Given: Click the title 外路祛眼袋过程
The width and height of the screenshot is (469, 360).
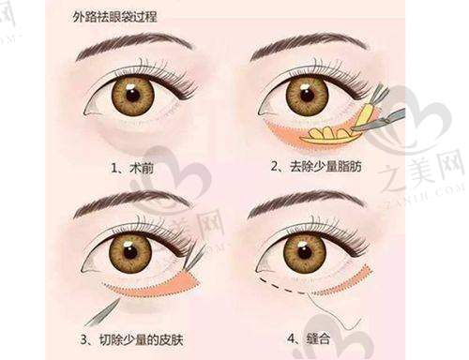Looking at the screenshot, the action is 114,17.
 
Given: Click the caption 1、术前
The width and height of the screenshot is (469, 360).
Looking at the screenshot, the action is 132,169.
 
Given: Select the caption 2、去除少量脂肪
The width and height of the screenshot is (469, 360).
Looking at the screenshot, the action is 316,166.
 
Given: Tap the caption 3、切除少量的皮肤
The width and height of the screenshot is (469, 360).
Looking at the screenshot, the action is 131,339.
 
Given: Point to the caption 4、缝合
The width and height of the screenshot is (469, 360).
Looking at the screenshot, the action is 309,338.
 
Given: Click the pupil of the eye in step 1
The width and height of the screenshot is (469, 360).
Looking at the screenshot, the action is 133,95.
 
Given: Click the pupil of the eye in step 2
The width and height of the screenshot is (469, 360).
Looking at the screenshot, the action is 307,95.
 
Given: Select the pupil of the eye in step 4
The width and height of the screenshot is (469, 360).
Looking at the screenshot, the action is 305,252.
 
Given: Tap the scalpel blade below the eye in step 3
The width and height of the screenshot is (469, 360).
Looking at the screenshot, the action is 101,312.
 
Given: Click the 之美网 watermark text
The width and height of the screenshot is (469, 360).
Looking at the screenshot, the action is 420,172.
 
